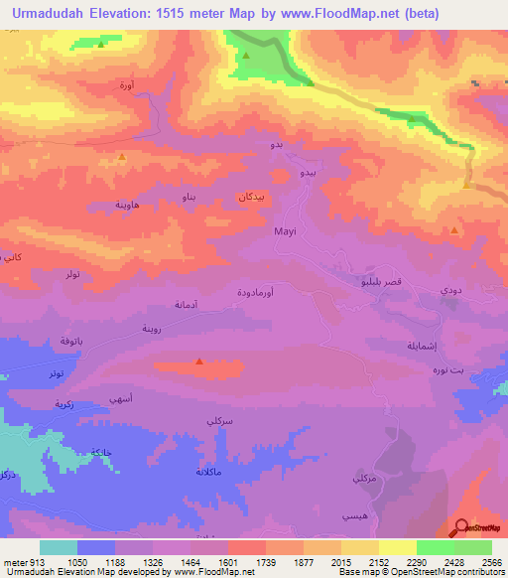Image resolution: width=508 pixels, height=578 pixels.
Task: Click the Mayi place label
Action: click(285, 230)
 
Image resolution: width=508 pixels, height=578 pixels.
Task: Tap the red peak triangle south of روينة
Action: click(200, 361)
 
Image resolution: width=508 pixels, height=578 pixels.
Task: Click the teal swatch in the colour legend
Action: click(59, 547)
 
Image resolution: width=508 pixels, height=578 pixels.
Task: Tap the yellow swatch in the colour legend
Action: click(398, 547)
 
